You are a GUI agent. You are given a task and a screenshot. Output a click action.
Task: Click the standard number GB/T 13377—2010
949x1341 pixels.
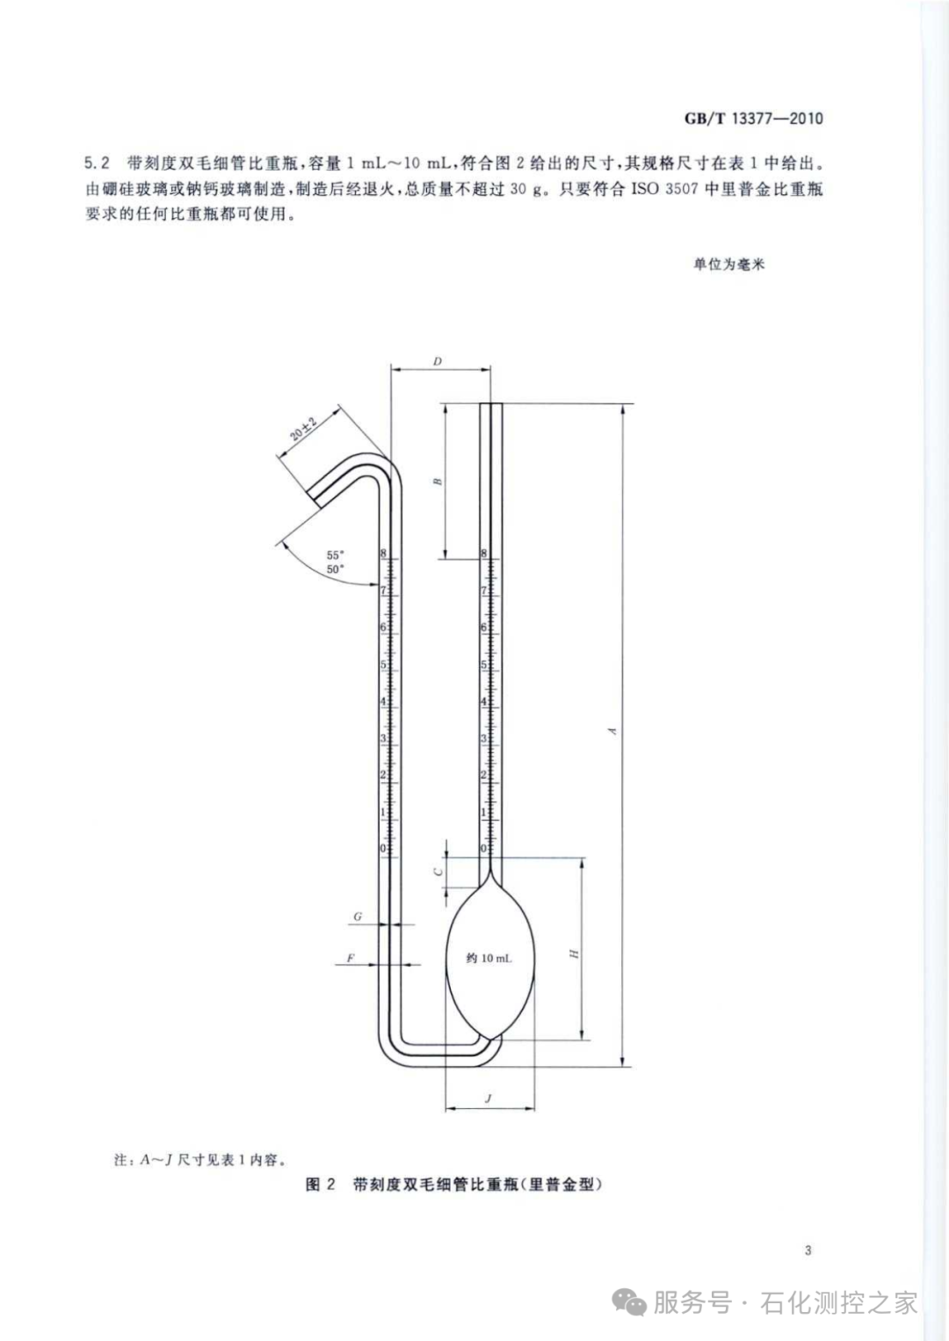point(754,119)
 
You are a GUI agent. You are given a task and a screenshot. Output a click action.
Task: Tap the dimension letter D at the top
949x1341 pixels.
point(438,361)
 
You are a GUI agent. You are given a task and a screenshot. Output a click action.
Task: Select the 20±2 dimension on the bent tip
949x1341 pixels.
point(303,431)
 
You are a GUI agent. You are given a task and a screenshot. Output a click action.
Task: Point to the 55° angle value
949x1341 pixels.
point(335,555)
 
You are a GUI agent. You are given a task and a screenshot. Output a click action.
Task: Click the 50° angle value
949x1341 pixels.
point(335,569)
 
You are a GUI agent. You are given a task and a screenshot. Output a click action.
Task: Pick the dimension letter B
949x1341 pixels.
point(438,482)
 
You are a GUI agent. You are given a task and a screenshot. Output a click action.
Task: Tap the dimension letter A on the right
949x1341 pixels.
point(613,731)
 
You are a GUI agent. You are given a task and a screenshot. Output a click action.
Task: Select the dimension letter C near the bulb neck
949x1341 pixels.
point(438,871)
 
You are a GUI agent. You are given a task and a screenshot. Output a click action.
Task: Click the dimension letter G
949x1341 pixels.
point(358,917)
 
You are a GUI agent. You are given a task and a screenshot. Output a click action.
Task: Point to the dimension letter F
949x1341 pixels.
point(351,958)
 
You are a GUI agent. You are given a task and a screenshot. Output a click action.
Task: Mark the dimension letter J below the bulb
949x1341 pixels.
point(489,1098)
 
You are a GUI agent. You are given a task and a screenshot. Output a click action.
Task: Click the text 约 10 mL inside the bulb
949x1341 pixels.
point(489,958)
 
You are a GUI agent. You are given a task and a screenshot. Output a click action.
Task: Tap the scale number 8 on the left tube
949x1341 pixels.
point(383,554)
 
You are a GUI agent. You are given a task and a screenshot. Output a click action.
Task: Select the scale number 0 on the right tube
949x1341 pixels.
point(483,849)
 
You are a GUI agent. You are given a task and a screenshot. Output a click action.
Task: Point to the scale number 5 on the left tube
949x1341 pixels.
point(383,665)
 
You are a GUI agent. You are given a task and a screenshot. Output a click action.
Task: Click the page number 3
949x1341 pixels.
point(808,1250)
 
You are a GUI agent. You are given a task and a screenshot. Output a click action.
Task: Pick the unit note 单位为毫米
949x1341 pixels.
point(729,264)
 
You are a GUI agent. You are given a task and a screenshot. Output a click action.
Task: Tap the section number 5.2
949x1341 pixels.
point(97,163)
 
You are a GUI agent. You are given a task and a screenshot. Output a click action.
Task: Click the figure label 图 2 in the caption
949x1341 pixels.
point(321,1185)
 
